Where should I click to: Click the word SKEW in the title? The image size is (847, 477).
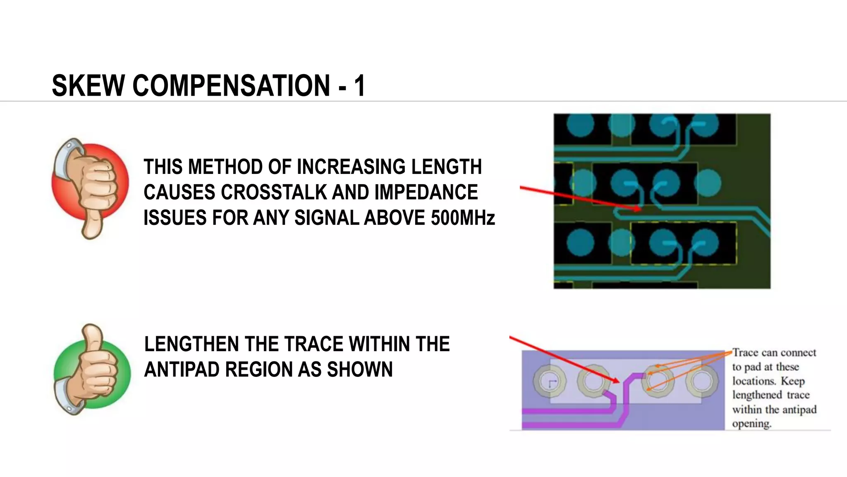coord(88,86)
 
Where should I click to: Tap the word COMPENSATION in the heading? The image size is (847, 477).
coord(231,86)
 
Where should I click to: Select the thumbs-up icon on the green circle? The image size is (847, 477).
coord(92,369)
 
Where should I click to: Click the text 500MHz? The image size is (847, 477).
coord(462,218)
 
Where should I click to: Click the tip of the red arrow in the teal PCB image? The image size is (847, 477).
coord(640,210)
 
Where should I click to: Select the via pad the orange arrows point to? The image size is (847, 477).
coord(658,380)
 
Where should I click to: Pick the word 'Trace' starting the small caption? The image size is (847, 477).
coord(745,353)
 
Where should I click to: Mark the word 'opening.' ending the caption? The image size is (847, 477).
coord(751,424)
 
